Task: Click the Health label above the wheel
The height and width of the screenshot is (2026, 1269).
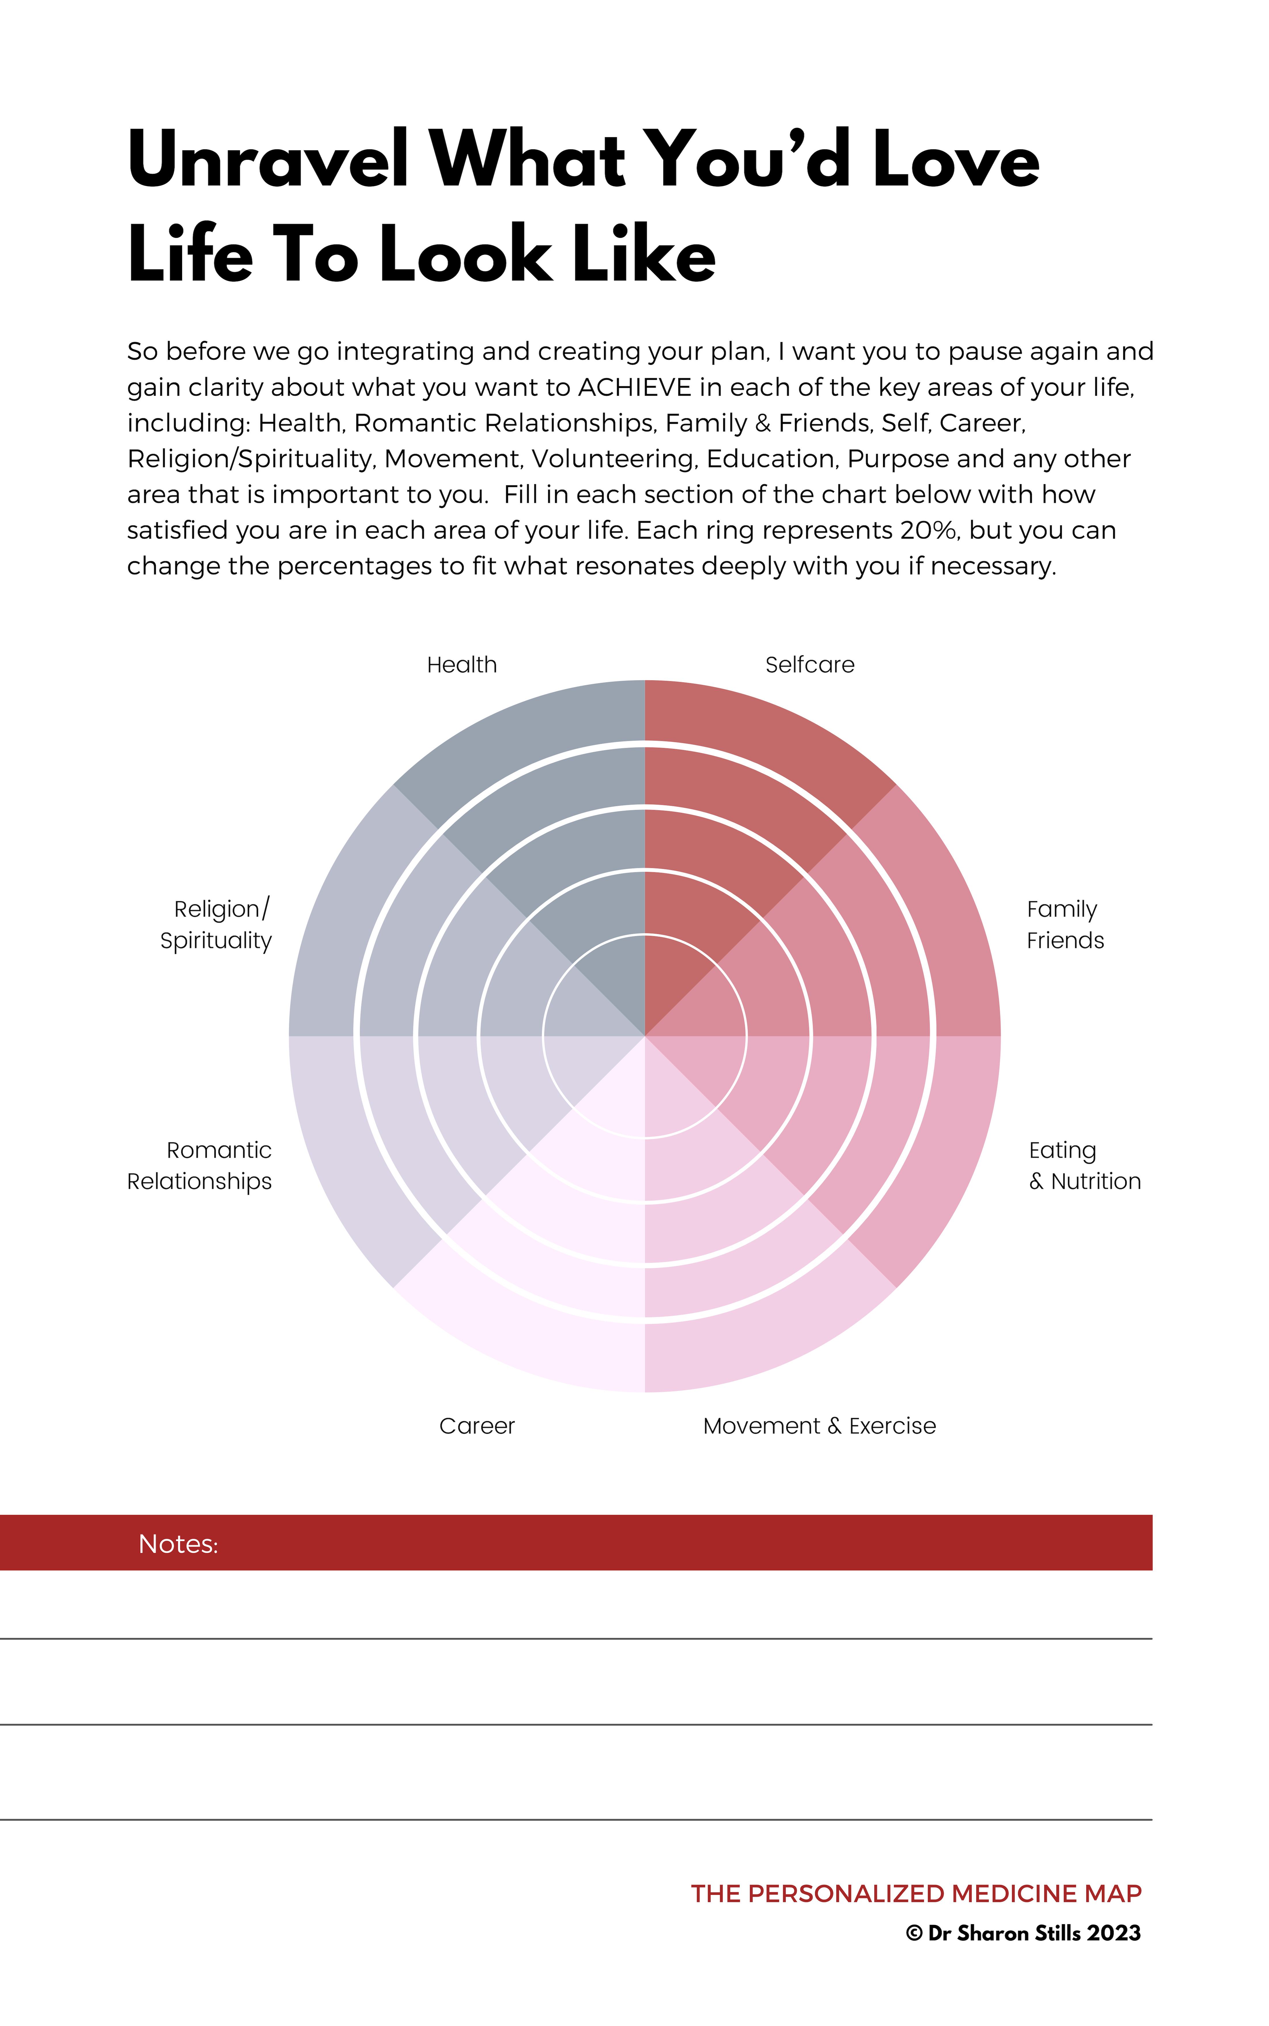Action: (x=462, y=665)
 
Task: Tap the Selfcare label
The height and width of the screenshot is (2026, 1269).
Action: (x=809, y=665)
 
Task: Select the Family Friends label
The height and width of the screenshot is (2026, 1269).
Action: (x=1064, y=924)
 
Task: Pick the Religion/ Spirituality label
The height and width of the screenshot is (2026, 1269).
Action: (x=217, y=924)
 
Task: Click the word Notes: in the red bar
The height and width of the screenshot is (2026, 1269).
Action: (x=178, y=1544)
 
